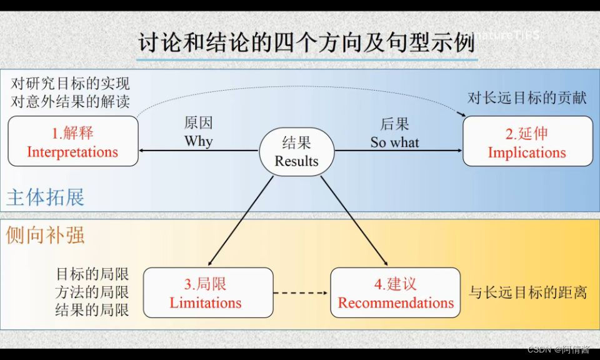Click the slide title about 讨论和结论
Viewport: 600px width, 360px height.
click(x=306, y=43)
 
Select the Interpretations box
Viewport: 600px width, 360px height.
click(x=72, y=142)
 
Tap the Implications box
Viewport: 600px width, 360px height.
click(x=527, y=142)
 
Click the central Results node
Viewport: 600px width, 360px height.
click(x=296, y=152)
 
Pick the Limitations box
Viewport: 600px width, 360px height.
click(x=206, y=293)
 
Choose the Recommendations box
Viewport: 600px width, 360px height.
click(x=396, y=293)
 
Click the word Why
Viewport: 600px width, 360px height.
click(x=199, y=141)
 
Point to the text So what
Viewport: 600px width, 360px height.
click(x=394, y=142)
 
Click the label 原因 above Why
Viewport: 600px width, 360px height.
click(x=199, y=123)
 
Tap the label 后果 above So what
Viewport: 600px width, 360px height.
click(x=394, y=124)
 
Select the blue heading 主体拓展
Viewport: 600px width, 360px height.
click(x=45, y=197)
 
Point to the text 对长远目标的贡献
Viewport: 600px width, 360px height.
click(x=527, y=98)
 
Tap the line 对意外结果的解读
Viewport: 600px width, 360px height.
click(x=71, y=101)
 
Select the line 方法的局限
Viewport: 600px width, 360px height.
click(x=92, y=292)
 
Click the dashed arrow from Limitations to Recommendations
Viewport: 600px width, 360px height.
click(x=302, y=292)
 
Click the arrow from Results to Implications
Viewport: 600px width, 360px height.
click(x=398, y=151)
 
